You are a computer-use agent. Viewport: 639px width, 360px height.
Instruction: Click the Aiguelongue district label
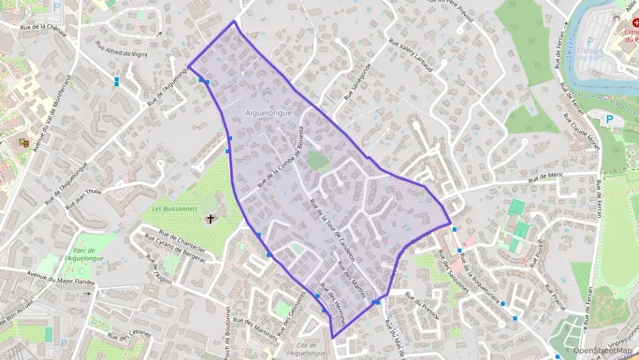click(x=268, y=112)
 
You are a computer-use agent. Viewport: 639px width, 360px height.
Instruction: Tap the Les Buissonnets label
click(x=175, y=208)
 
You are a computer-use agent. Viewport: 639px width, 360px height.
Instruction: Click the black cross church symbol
click(x=210, y=219)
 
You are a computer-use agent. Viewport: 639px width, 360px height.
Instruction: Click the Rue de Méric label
click(x=543, y=176)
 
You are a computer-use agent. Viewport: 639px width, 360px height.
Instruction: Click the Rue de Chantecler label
click(x=181, y=238)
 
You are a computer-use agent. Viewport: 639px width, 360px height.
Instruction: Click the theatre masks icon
click(x=23, y=143)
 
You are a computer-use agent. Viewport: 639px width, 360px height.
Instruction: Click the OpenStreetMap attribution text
click(x=601, y=350)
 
